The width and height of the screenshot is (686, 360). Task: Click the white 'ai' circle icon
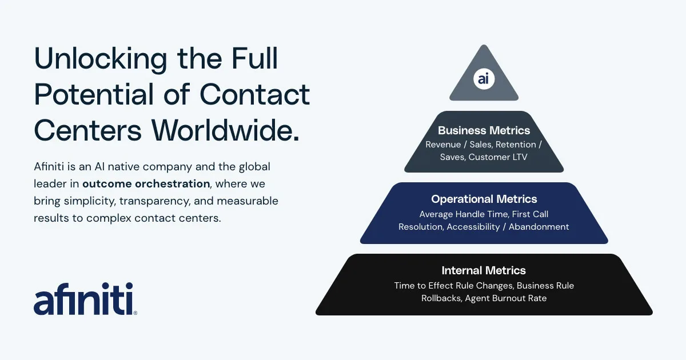pos(484,79)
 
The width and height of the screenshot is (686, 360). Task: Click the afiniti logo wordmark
pos(83,298)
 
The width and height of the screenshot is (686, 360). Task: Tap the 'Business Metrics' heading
pos(484,130)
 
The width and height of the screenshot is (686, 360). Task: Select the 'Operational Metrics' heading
pos(484,199)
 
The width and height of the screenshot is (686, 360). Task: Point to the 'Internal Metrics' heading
pos(484,270)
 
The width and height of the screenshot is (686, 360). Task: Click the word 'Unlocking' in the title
pos(101,59)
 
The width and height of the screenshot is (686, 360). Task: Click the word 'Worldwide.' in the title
pos(225,130)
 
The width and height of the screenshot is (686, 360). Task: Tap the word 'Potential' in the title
pos(94,94)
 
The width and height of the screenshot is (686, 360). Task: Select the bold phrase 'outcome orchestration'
pos(146,183)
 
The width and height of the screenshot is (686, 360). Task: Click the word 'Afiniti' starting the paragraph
pos(49,166)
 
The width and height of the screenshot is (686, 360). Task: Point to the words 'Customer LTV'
pos(498,157)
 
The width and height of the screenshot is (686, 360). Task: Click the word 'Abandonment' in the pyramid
pos(539,227)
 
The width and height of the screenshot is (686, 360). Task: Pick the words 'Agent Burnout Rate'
pos(505,298)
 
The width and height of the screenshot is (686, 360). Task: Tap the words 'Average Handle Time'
pos(464,214)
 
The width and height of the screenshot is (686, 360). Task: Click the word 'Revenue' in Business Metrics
pos(443,145)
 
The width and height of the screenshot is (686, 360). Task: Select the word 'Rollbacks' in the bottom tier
pos(441,298)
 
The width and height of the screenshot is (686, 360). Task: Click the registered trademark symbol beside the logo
pos(135,313)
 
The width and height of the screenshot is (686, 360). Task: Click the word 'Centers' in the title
pos(88,130)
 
